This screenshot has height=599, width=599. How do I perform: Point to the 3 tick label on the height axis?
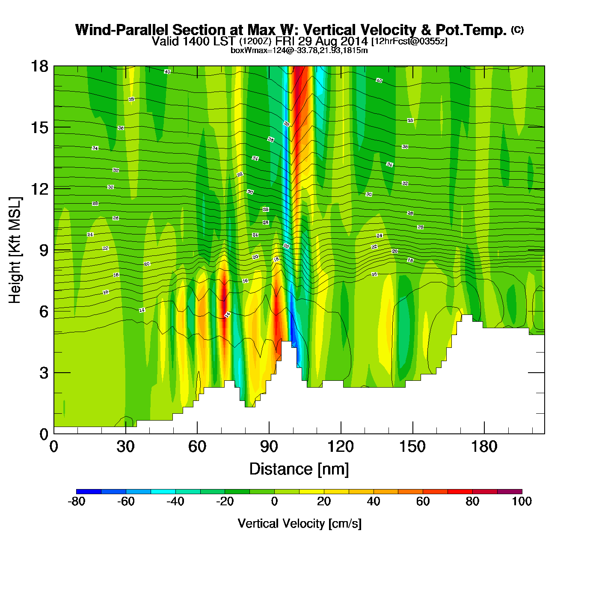44,373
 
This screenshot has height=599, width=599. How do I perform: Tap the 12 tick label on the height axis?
39,189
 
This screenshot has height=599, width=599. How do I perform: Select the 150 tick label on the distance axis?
412,447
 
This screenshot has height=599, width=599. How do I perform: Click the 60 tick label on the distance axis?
197,447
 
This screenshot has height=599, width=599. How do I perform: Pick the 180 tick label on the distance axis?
484,447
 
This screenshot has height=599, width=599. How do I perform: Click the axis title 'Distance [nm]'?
299,469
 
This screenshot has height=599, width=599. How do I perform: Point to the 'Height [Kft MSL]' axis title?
15,250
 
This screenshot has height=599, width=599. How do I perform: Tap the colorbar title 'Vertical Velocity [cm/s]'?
299,523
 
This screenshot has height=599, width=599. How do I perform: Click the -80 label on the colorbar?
77,501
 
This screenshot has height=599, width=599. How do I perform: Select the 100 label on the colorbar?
522,501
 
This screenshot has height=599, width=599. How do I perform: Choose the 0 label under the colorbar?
274,501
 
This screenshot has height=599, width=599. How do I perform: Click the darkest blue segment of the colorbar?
89,491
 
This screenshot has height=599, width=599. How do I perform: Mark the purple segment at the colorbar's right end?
510,491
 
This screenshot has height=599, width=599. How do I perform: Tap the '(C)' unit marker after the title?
517,30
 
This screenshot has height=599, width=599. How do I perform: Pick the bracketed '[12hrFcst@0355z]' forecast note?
409,42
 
